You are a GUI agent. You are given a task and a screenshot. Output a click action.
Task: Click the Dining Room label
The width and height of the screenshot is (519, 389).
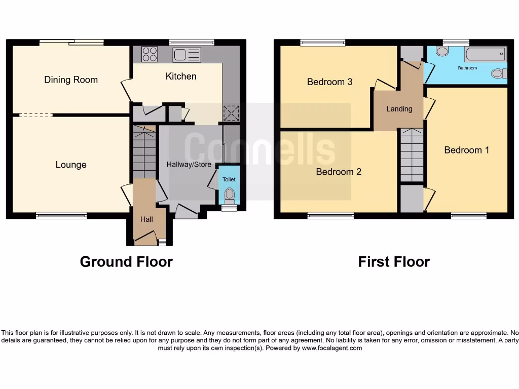click(71, 80)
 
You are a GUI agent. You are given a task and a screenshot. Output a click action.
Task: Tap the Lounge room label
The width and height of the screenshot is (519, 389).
click(71, 165)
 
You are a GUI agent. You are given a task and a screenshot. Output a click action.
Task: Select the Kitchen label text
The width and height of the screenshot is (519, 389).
click(181, 76)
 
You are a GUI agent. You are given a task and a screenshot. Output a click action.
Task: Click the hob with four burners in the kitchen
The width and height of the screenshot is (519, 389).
click(150, 54)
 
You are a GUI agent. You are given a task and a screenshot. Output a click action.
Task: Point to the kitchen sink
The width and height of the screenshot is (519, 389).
click(187, 55)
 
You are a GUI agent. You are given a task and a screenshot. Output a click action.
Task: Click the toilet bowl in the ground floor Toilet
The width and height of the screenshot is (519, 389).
click(229, 194)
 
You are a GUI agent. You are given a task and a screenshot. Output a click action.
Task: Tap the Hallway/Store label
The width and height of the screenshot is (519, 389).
click(189, 165)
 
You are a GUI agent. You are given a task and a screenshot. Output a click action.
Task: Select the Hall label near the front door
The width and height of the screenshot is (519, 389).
click(146, 219)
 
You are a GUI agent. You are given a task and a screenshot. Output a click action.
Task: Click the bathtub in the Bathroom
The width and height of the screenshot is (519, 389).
click(485, 54)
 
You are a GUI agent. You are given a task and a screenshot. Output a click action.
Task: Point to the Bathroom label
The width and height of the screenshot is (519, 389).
click(467, 68)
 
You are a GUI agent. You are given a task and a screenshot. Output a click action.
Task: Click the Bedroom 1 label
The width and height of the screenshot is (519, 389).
click(466, 150)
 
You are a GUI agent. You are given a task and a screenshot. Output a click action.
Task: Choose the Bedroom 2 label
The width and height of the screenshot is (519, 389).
click(339, 172)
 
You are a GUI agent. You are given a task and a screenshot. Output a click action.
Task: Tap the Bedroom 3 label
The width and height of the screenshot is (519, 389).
click(329, 82)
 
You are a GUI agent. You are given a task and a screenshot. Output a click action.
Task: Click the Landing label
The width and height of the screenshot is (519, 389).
click(399, 109)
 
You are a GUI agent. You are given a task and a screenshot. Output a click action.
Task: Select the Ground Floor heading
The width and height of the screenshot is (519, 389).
click(126, 262)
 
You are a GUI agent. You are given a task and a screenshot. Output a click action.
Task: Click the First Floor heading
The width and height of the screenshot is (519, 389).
click(394, 262)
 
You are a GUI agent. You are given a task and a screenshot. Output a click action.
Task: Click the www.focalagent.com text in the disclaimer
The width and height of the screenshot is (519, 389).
click(332, 348)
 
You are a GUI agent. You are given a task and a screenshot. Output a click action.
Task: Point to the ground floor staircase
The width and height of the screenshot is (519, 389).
click(144, 152)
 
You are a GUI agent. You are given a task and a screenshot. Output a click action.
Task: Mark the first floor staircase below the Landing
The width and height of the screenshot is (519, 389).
click(412, 154)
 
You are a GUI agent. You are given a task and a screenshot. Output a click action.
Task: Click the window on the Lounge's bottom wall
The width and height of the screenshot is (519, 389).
click(61, 216)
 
